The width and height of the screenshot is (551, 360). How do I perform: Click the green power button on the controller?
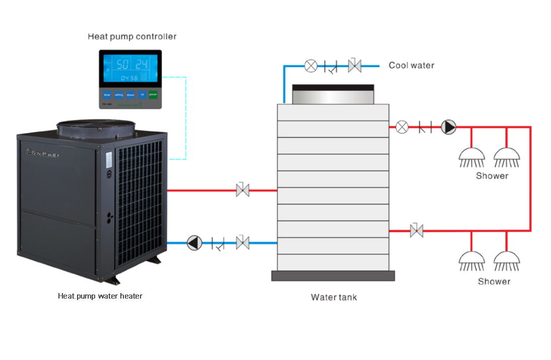(153, 94)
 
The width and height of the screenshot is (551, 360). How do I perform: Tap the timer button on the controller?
(107, 94)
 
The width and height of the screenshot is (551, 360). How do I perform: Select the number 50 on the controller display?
(123, 64)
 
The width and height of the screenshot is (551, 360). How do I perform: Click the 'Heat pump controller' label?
(132, 36)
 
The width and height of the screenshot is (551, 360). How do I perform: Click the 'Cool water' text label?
(411, 65)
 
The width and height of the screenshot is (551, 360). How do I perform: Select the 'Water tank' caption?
(333, 297)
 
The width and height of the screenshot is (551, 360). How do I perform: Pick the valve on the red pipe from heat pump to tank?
(243, 190)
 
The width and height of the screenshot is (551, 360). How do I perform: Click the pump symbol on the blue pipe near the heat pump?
(193, 243)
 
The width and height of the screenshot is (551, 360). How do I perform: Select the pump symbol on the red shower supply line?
(449, 127)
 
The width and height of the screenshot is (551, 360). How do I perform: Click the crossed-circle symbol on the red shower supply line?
(402, 127)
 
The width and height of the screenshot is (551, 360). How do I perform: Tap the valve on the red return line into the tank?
(417, 231)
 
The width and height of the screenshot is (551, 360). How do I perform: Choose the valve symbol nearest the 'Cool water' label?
(355, 65)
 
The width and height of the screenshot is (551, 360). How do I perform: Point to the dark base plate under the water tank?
(333, 275)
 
